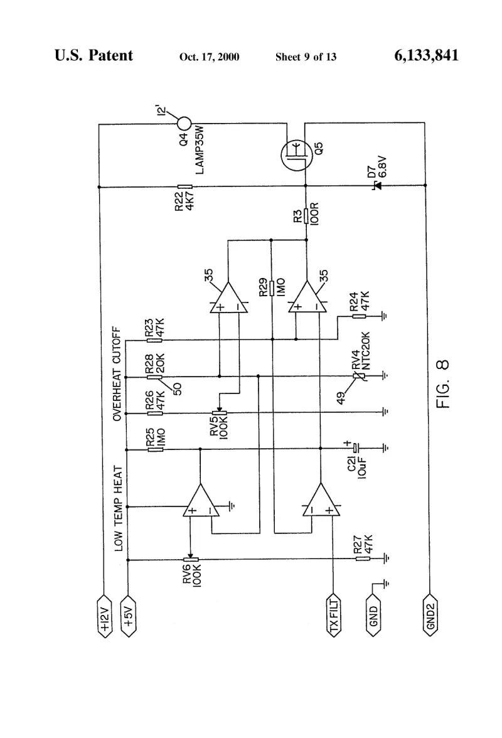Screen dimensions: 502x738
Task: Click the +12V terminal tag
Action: tap(104, 616)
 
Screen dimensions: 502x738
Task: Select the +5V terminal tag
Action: tap(128, 616)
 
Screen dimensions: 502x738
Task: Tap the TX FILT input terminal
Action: tap(334, 616)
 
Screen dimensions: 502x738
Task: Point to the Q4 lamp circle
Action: tap(184, 124)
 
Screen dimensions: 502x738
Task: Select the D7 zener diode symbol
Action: tap(377, 186)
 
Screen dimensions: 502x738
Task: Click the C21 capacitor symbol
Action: tap(356, 448)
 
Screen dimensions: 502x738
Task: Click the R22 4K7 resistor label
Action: tap(184, 201)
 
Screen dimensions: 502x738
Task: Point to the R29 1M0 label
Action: tap(272, 287)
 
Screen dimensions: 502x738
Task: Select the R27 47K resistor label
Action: tap(363, 544)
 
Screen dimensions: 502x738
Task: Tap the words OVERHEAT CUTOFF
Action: tap(117, 374)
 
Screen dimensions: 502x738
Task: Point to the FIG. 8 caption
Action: tap(443, 384)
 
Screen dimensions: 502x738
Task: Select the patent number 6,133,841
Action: tap(426, 55)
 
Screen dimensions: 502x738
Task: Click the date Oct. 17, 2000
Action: tap(210, 57)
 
